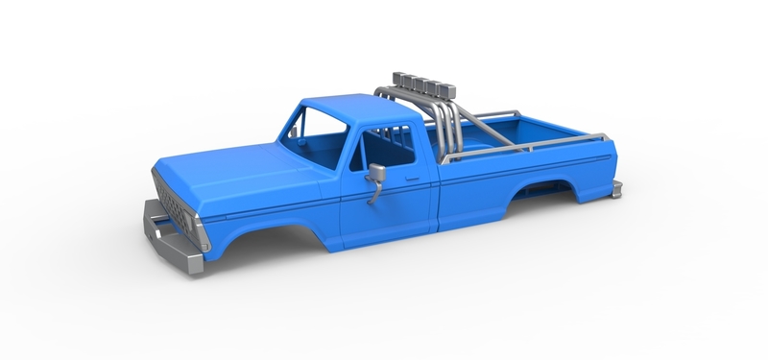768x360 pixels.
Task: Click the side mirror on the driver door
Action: pyautogui.click(x=376, y=176)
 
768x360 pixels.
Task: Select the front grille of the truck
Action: pyautogui.click(x=173, y=204)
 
